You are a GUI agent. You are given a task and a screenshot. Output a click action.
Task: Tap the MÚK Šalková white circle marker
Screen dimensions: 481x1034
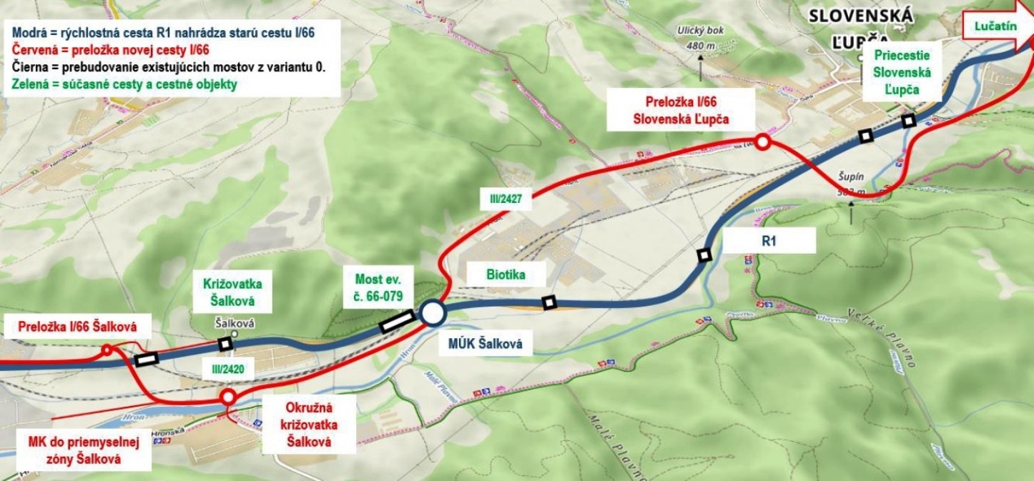click(x=432, y=312)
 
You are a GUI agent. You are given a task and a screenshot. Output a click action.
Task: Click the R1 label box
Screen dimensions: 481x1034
click(x=769, y=241)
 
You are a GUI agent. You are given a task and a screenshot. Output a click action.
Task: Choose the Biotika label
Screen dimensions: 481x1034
click(x=496, y=273)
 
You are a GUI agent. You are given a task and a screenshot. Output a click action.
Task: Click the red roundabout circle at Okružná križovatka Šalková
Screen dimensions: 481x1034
click(x=228, y=397)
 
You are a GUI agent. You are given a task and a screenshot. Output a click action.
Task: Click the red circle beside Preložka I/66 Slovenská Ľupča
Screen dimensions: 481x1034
click(x=762, y=142)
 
